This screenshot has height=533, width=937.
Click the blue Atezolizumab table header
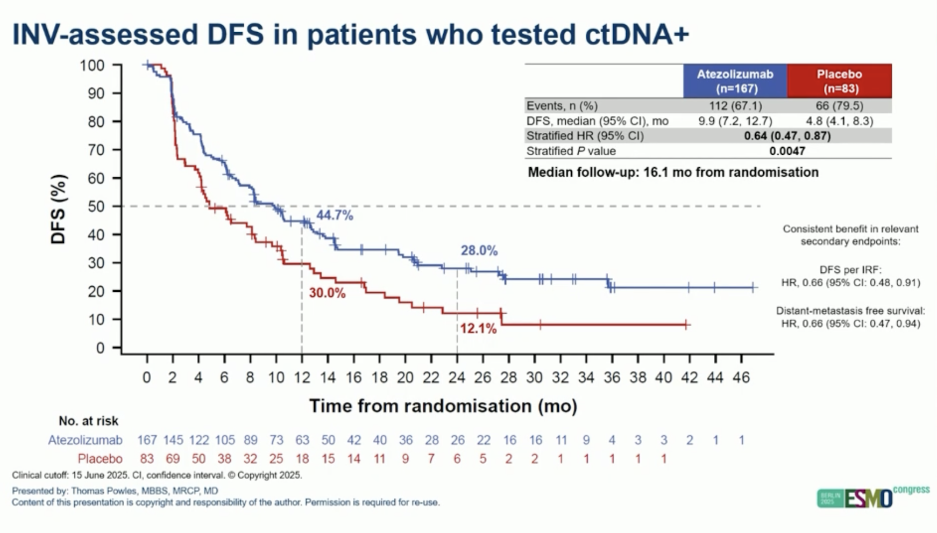735,81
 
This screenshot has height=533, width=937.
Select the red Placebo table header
839,81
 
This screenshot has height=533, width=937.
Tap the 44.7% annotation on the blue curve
335,215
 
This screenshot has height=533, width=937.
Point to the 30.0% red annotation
327,293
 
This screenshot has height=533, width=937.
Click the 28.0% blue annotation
479,251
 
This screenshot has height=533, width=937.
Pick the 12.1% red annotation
478,328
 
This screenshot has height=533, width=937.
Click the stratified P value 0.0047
787,151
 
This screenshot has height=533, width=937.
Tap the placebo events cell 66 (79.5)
839,106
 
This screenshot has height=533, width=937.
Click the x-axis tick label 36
612,378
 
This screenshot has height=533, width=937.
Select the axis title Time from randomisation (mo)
443,406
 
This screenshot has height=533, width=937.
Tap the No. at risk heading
88,421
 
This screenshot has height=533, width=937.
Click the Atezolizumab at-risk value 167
147,440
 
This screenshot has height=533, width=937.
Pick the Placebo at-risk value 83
146,459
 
